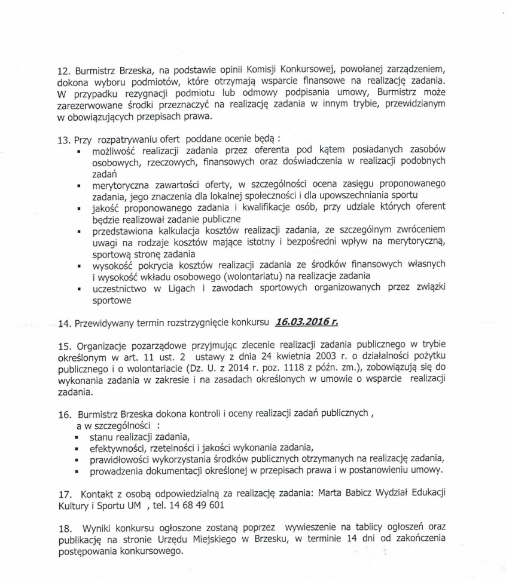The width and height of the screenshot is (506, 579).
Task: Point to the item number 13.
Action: tap(65, 138)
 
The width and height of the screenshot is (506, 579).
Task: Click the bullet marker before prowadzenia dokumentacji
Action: tap(79, 471)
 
